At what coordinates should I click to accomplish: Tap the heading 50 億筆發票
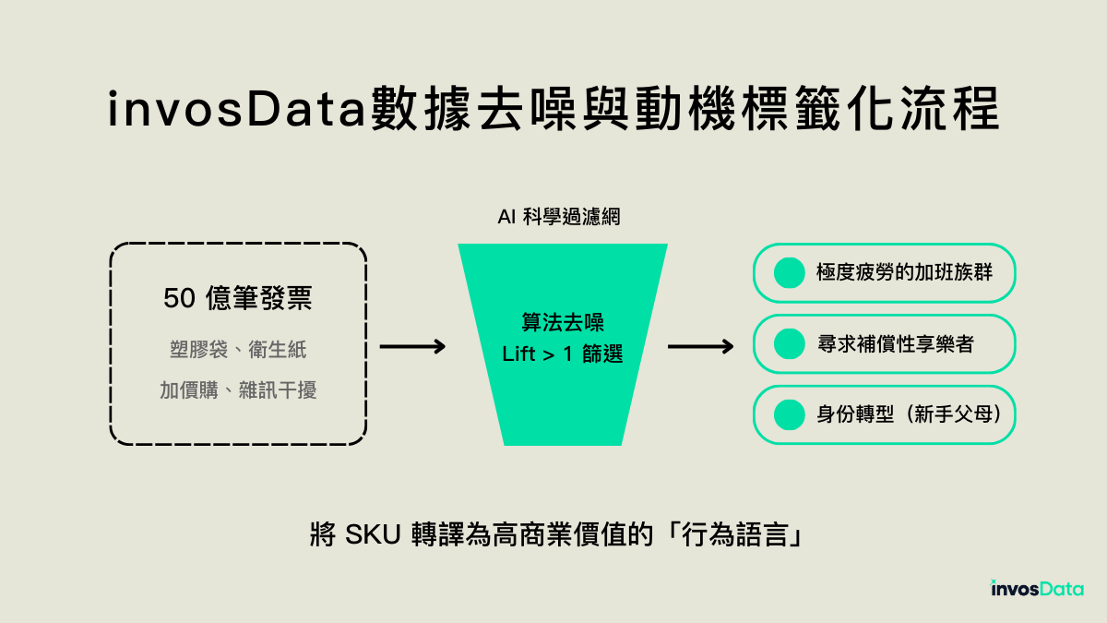238,299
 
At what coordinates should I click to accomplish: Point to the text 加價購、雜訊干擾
238,390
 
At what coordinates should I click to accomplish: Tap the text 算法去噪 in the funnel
563,324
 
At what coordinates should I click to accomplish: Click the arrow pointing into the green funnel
412,347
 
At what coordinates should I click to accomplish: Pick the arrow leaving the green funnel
700,347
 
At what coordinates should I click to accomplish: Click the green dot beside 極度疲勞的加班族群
789,272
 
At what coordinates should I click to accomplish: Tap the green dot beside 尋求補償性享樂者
789,344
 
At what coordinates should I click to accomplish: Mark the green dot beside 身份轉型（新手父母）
789,414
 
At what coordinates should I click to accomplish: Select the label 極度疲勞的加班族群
904,272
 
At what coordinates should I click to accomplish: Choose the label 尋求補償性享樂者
895,344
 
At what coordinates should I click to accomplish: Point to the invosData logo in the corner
1037,588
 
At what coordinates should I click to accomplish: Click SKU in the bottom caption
372,535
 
